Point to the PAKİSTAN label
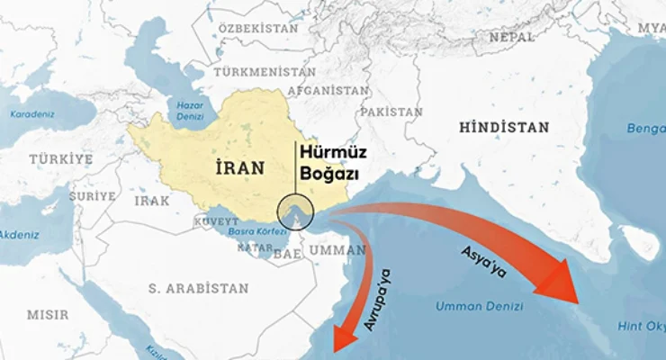(391, 112)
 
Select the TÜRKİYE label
(60, 158)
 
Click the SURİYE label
(94, 195)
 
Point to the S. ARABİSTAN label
(198, 288)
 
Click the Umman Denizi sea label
(479, 307)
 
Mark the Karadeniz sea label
(32, 114)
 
